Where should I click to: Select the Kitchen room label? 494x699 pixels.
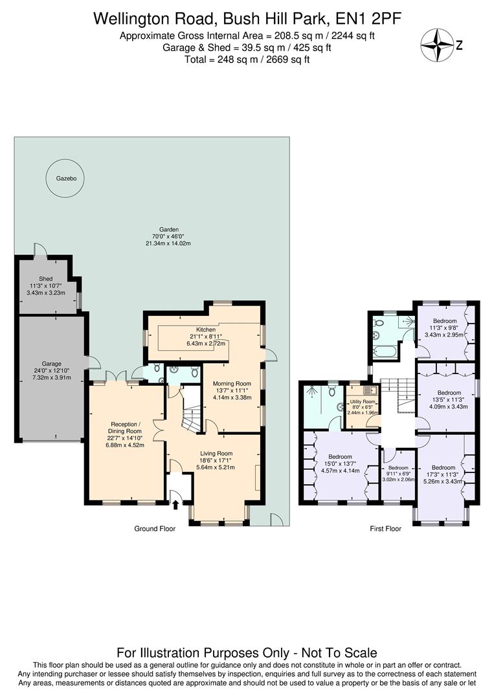207,329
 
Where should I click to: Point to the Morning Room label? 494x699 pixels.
232,383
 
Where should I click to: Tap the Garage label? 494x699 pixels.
51,364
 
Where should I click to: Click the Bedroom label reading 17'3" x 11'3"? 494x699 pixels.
443,467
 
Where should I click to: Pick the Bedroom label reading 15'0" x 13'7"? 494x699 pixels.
340,456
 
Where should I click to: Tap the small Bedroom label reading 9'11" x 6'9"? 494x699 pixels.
398,467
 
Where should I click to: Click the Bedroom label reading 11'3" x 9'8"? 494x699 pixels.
445,320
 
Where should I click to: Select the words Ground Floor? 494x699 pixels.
155,529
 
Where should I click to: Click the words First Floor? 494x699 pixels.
385,529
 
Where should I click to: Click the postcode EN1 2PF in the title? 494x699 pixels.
365,19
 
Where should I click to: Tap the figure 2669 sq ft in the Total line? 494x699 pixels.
287,60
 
